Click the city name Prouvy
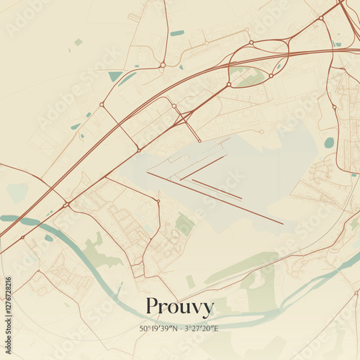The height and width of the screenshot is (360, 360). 179,307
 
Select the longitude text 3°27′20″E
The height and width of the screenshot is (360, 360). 201,328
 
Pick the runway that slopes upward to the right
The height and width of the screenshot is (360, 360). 202,168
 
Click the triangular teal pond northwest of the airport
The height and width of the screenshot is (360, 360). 115,76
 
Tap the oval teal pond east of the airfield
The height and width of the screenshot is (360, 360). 329,143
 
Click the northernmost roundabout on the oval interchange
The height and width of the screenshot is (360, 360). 251,42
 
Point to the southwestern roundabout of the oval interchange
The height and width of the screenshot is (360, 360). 229,84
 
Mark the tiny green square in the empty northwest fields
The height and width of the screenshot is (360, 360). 78,42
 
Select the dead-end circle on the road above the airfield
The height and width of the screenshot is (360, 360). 261,132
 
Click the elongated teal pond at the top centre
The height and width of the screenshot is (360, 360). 177,33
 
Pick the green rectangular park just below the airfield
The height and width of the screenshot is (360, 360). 184,225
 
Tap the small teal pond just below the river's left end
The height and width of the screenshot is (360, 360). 49,238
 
